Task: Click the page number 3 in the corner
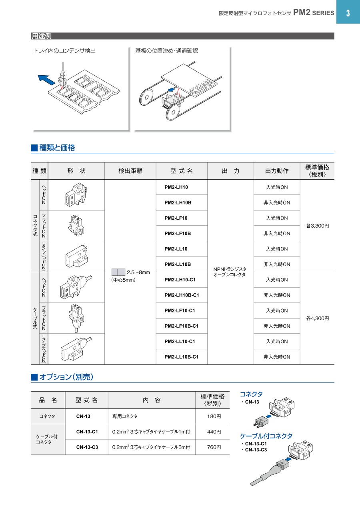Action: pyautogui.click(x=348, y=12)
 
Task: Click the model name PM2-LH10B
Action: pyautogui.click(x=178, y=202)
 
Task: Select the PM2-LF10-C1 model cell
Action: pyautogui.click(x=180, y=311)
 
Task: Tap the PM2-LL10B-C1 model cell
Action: pyautogui.click(x=181, y=357)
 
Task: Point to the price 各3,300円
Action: pyautogui.click(x=317, y=226)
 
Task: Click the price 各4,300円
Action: pyautogui.click(x=317, y=319)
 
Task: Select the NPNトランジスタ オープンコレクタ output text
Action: pyautogui.click(x=230, y=272)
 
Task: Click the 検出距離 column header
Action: pyautogui.click(x=130, y=171)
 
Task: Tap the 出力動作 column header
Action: pyautogui.click(x=277, y=171)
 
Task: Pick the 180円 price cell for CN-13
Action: pyautogui.click(x=212, y=417)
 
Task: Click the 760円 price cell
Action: pyautogui.click(x=212, y=447)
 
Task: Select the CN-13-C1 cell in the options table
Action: pyautogui.click(x=87, y=432)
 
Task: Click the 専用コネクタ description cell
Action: pyautogui.click(x=125, y=417)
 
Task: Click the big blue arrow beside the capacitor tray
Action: pyautogui.click(x=46, y=79)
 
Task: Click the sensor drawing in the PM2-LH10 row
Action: pyautogui.click(x=76, y=195)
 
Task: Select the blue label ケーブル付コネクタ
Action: pyautogui.click(x=266, y=436)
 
